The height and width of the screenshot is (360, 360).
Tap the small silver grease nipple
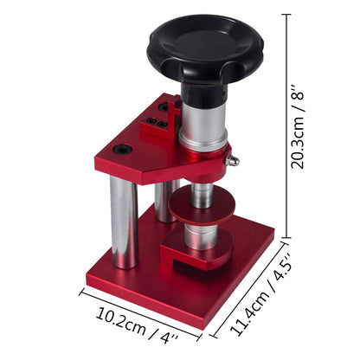(x=231, y=161)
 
